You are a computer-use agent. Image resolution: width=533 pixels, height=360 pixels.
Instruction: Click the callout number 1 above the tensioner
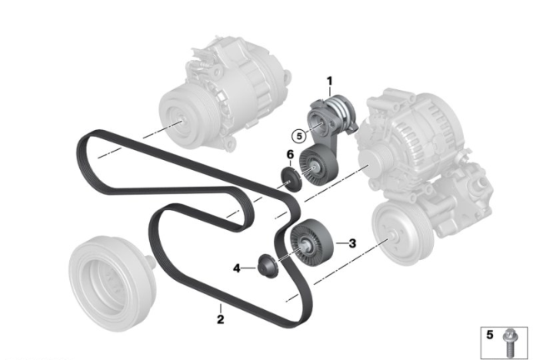pos(329,82)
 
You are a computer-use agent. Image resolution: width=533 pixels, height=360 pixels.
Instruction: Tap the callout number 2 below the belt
pos(221,319)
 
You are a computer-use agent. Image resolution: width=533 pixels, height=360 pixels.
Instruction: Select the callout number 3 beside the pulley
pos(352,243)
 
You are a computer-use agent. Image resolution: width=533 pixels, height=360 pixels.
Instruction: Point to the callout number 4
pos(237,268)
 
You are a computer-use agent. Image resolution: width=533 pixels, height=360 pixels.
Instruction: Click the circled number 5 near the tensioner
pos(299,137)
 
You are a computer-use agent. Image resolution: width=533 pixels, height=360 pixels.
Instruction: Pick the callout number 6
pos(290,154)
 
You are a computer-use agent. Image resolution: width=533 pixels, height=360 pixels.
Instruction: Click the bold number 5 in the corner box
pos(490,334)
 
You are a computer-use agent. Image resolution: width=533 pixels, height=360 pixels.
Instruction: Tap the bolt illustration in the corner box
pos(510,342)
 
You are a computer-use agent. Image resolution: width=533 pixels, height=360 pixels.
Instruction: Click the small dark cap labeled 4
pos(268,265)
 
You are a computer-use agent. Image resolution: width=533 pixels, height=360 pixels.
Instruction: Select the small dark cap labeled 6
pos(291,179)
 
